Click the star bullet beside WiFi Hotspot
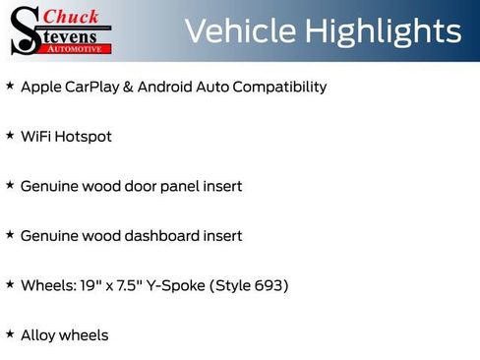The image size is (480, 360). [x=10, y=135]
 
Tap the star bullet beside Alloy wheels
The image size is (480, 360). [x=10, y=334]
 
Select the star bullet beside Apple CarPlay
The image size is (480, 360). [x=10, y=86]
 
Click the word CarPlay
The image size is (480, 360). [x=94, y=87]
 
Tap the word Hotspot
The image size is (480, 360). [x=84, y=137]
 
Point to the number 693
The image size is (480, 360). [x=267, y=285]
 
